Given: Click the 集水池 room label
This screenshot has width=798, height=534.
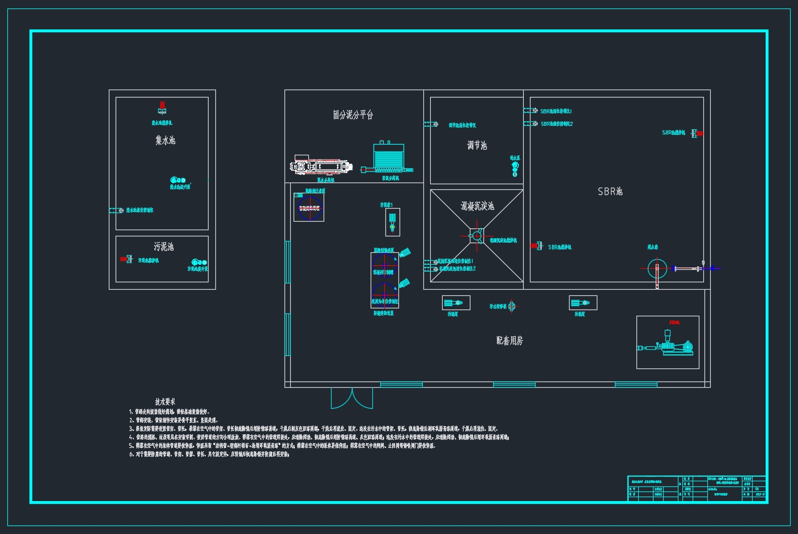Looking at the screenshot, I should [x=165, y=140].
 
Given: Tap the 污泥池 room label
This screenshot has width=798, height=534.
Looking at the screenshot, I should [x=163, y=247].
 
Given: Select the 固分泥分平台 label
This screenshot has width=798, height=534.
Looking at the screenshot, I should [x=353, y=115].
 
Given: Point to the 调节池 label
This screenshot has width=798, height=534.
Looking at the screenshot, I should [x=477, y=146].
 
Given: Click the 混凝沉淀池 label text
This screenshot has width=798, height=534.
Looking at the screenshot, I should [x=477, y=206].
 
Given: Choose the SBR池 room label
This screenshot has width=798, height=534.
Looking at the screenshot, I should [x=610, y=192].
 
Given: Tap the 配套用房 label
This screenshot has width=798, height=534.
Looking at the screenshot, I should [x=510, y=341].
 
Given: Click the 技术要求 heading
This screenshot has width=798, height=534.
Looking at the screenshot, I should [x=165, y=401].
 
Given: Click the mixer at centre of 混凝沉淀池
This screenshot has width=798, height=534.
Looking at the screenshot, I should [x=476, y=235].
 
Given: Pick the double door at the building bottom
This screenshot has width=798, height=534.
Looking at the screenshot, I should [x=352, y=398].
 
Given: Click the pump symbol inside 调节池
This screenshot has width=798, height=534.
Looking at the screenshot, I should [x=515, y=168].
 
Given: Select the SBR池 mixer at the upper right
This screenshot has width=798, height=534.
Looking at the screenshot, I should [x=698, y=133].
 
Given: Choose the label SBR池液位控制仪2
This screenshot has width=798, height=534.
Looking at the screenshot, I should [x=556, y=124].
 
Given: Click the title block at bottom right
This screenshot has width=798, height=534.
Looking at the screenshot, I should [x=697, y=489].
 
